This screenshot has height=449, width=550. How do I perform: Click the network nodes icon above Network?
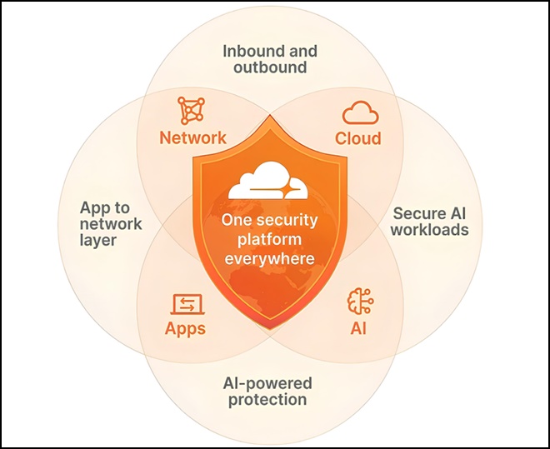(191, 111)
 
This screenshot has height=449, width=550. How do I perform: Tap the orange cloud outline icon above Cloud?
(360, 112)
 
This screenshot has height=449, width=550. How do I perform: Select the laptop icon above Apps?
(187, 304)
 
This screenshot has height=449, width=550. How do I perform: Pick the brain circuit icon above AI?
(360, 301)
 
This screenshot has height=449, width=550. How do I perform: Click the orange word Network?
(193, 137)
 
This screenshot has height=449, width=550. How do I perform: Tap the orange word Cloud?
(358, 138)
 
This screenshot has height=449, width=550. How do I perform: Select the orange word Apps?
(185, 329)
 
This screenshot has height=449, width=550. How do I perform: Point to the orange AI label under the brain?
(358, 328)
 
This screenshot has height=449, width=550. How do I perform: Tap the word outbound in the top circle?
(270, 67)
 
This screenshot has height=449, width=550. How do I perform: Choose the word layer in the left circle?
(98, 241)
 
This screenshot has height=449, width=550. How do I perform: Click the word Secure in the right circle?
(417, 213)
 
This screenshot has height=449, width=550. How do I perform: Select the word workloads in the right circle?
(430, 230)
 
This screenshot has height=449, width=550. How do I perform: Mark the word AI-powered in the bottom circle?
(267, 383)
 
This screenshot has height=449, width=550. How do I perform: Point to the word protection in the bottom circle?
(267, 400)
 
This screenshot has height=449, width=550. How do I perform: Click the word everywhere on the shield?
(269, 259)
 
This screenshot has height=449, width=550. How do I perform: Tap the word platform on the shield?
(269, 240)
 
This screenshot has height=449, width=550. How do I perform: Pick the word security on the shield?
(289, 220)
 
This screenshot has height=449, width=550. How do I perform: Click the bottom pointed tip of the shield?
(270, 330)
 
